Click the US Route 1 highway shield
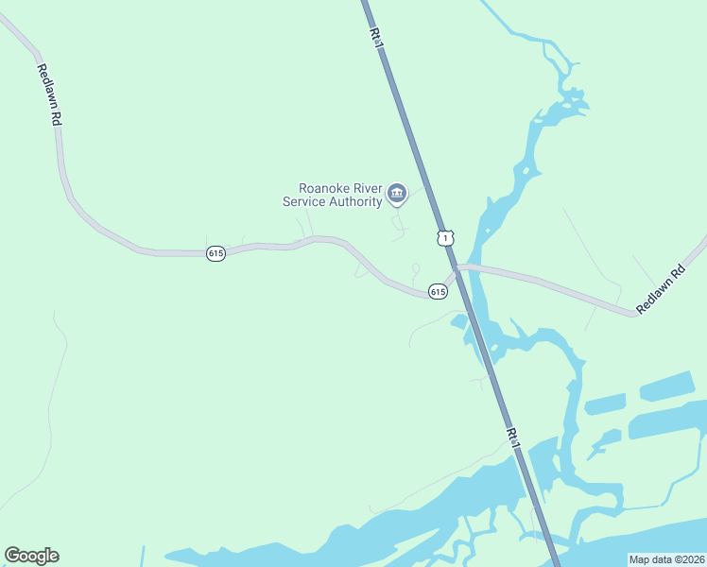(445, 237)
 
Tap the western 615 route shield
(216, 253)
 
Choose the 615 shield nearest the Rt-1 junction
(437, 291)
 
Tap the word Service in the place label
(304, 201)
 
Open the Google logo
(31, 556)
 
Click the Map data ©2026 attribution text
(665, 558)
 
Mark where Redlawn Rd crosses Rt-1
(457, 271)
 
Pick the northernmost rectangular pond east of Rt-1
(667, 387)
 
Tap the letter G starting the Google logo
(12, 556)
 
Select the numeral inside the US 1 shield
(445, 238)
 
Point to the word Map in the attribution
(640, 558)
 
